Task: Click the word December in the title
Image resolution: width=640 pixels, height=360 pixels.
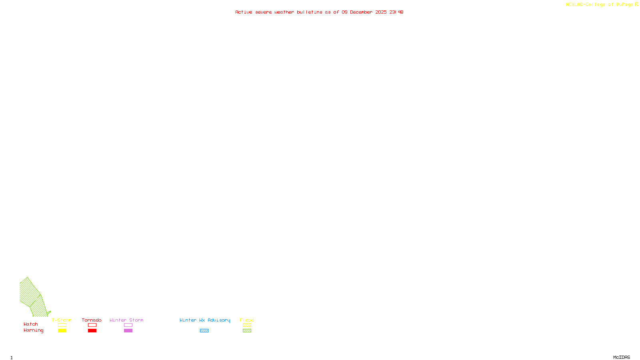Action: tap(361, 12)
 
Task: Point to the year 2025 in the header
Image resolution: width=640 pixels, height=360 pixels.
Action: tap(381, 12)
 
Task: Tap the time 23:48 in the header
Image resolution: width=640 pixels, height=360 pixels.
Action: tap(396, 12)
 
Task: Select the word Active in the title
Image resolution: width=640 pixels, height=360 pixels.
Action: tap(244, 12)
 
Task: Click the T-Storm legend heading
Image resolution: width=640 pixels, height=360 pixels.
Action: tap(62, 320)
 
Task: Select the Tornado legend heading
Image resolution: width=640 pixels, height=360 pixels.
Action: tap(92, 320)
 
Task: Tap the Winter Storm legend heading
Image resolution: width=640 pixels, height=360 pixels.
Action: tap(126, 320)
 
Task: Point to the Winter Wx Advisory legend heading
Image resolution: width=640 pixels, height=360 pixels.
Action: tap(205, 320)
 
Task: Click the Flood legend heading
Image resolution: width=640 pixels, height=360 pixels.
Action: tap(247, 320)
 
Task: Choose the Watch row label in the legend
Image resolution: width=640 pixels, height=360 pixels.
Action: tap(31, 324)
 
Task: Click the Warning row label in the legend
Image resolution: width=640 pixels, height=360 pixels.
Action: tap(34, 330)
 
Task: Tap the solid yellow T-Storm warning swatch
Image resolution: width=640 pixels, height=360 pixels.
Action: tap(62, 331)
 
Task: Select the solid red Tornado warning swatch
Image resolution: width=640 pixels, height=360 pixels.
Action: tap(92, 331)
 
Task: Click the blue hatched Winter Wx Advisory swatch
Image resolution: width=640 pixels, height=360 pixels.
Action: tap(204, 331)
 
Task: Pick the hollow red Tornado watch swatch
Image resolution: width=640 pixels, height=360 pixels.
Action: tap(92, 325)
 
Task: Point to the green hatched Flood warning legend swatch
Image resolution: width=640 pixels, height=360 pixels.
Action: tap(247, 331)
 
